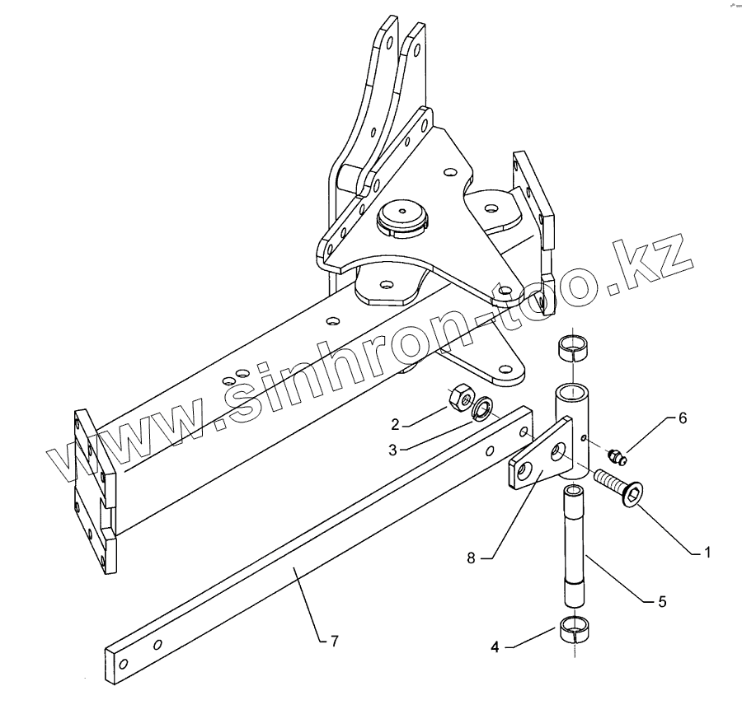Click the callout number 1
click(707, 553)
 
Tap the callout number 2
click(396, 424)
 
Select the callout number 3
click(392, 450)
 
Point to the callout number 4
click(495, 647)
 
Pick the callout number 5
click(662, 601)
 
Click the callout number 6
click(683, 418)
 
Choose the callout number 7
click(335, 642)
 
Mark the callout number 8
click(471, 558)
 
